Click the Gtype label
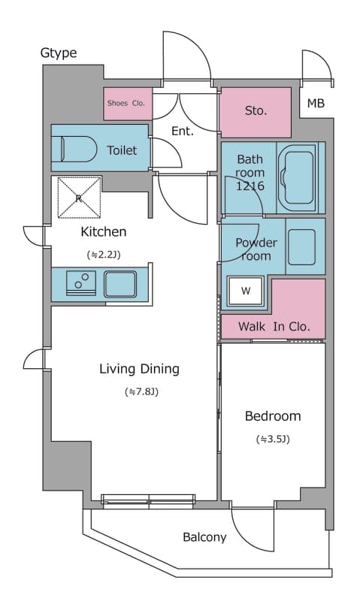(x=59, y=53)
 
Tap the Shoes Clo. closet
(x=128, y=104)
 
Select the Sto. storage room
(x=256, y=112)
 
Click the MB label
(x=316, y=103)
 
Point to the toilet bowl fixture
(x=79, y=149)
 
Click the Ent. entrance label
(x=183, y=131)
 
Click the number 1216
(x=250, y=186)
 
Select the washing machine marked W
(x=245, y=291)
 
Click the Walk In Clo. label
(x=274, y=327)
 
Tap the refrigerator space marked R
(x=79, y=198)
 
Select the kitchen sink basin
(x=120, y=284)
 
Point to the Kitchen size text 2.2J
(x=104, y=255)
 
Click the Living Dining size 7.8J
(x=141, y=391)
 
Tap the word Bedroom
(x=273, y=416)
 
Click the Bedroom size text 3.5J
(x=273, y=439)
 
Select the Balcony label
(x=204, y=537)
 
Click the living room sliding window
(x=148, y=501)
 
